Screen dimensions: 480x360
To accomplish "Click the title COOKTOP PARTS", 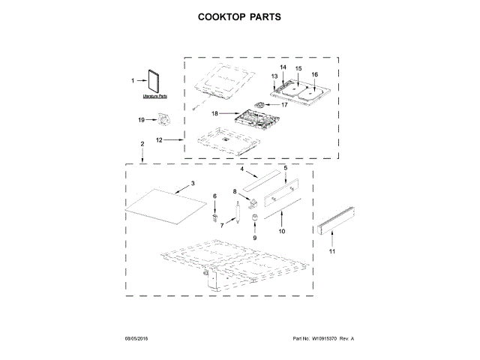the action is (239, 16).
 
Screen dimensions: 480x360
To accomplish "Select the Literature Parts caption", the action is (155, 97).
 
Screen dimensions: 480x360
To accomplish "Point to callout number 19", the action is (141, 119).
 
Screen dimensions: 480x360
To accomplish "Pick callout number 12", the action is (160, 139).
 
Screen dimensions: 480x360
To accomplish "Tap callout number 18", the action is (214, 114).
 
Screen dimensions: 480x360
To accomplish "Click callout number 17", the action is (285, 105).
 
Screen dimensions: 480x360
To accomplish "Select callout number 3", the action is (193, 183).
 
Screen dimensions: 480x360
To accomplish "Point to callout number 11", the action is (333, 253).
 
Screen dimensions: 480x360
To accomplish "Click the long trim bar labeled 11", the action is (334, 223).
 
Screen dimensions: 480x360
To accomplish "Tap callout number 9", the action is (254, 237).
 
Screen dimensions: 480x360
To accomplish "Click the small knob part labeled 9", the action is (254, 219).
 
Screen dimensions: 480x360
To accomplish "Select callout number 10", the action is (282, 232).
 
